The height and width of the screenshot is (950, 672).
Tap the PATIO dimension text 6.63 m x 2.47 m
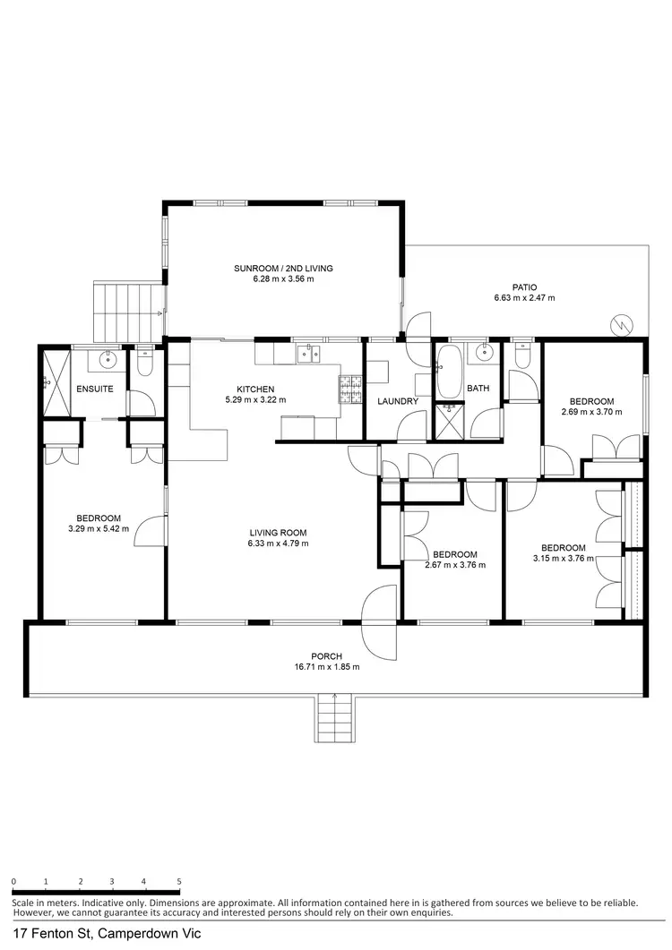click(524, 297)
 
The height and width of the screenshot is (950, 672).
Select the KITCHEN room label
click(255, 389)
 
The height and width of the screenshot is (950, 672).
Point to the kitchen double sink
click(309, 355)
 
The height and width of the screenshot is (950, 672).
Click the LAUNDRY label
click(398, 401)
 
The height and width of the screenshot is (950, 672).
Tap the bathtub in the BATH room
click(447, 372)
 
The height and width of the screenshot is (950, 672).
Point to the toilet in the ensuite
click(145, 364)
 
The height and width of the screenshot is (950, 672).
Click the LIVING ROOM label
click(278, 533)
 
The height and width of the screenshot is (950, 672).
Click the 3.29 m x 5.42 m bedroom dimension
click(99, 529)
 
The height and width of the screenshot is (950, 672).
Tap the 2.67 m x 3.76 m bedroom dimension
click(454, 565)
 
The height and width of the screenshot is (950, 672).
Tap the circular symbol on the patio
click(625, 323)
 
